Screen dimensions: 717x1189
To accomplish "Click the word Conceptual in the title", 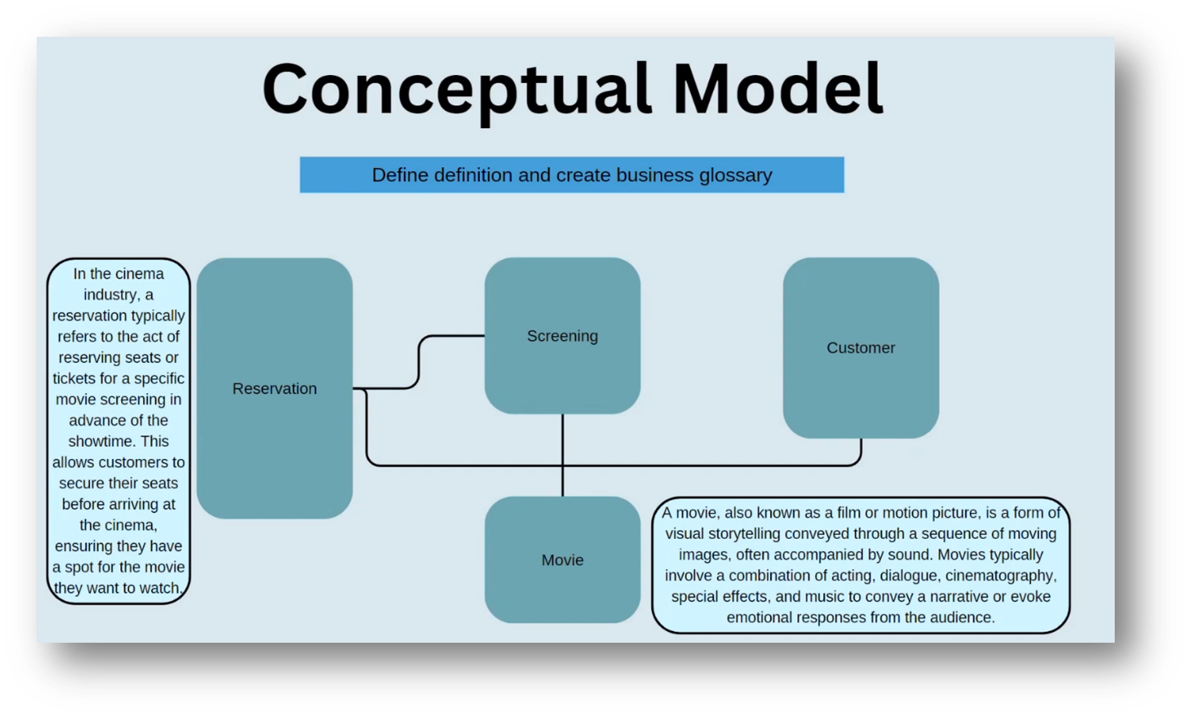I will click(x=457, y=89).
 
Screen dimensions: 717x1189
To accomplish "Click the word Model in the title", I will click(x=778, y=89).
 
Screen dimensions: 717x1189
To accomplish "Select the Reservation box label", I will click(x=274, y=389).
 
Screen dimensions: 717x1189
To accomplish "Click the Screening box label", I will click(x=562, y=336).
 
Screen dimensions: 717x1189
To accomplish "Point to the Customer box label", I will click(x=861, y=348).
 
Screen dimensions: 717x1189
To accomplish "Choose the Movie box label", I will click(x=562, y=560).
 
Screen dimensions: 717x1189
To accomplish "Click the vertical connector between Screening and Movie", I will click(x=563, y=454).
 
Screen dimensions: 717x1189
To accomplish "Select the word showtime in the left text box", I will click(x=100, y=441).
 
